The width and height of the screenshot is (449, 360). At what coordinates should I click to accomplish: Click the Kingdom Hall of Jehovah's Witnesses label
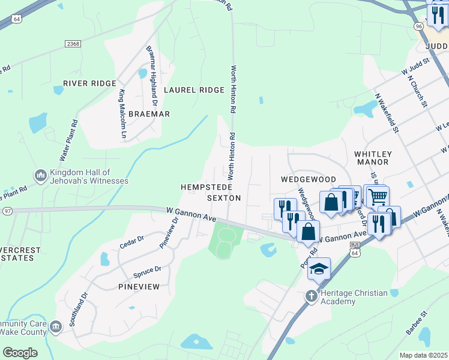[x=89, y=176]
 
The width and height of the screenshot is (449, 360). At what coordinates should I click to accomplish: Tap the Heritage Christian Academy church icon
[x=311, y=296]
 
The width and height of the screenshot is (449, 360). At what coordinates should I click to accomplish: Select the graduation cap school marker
[x=319, y=270]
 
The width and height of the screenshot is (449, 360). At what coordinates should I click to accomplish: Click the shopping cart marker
[x=376, y=196]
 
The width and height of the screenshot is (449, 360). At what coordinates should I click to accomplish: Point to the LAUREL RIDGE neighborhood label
[x=194, y=90]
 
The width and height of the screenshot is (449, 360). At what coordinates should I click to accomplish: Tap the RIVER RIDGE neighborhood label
[x=89, y=83]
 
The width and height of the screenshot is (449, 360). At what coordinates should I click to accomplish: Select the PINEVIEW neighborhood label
[x=139, y=287]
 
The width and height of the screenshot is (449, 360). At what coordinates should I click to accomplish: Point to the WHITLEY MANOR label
[x=372, y=158]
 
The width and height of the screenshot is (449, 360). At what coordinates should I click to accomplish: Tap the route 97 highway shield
[x=7, y=211]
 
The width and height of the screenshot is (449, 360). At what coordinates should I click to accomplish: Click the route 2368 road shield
[x=73, y=44]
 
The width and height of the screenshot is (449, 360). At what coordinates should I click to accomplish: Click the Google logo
[x=20, y=352]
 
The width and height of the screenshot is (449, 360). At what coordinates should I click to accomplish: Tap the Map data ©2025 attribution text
[x=423, y=355]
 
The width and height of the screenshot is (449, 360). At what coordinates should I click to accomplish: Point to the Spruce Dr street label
[x=146, y=271]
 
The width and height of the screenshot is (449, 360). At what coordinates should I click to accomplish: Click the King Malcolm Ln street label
[x=122, y=115]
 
